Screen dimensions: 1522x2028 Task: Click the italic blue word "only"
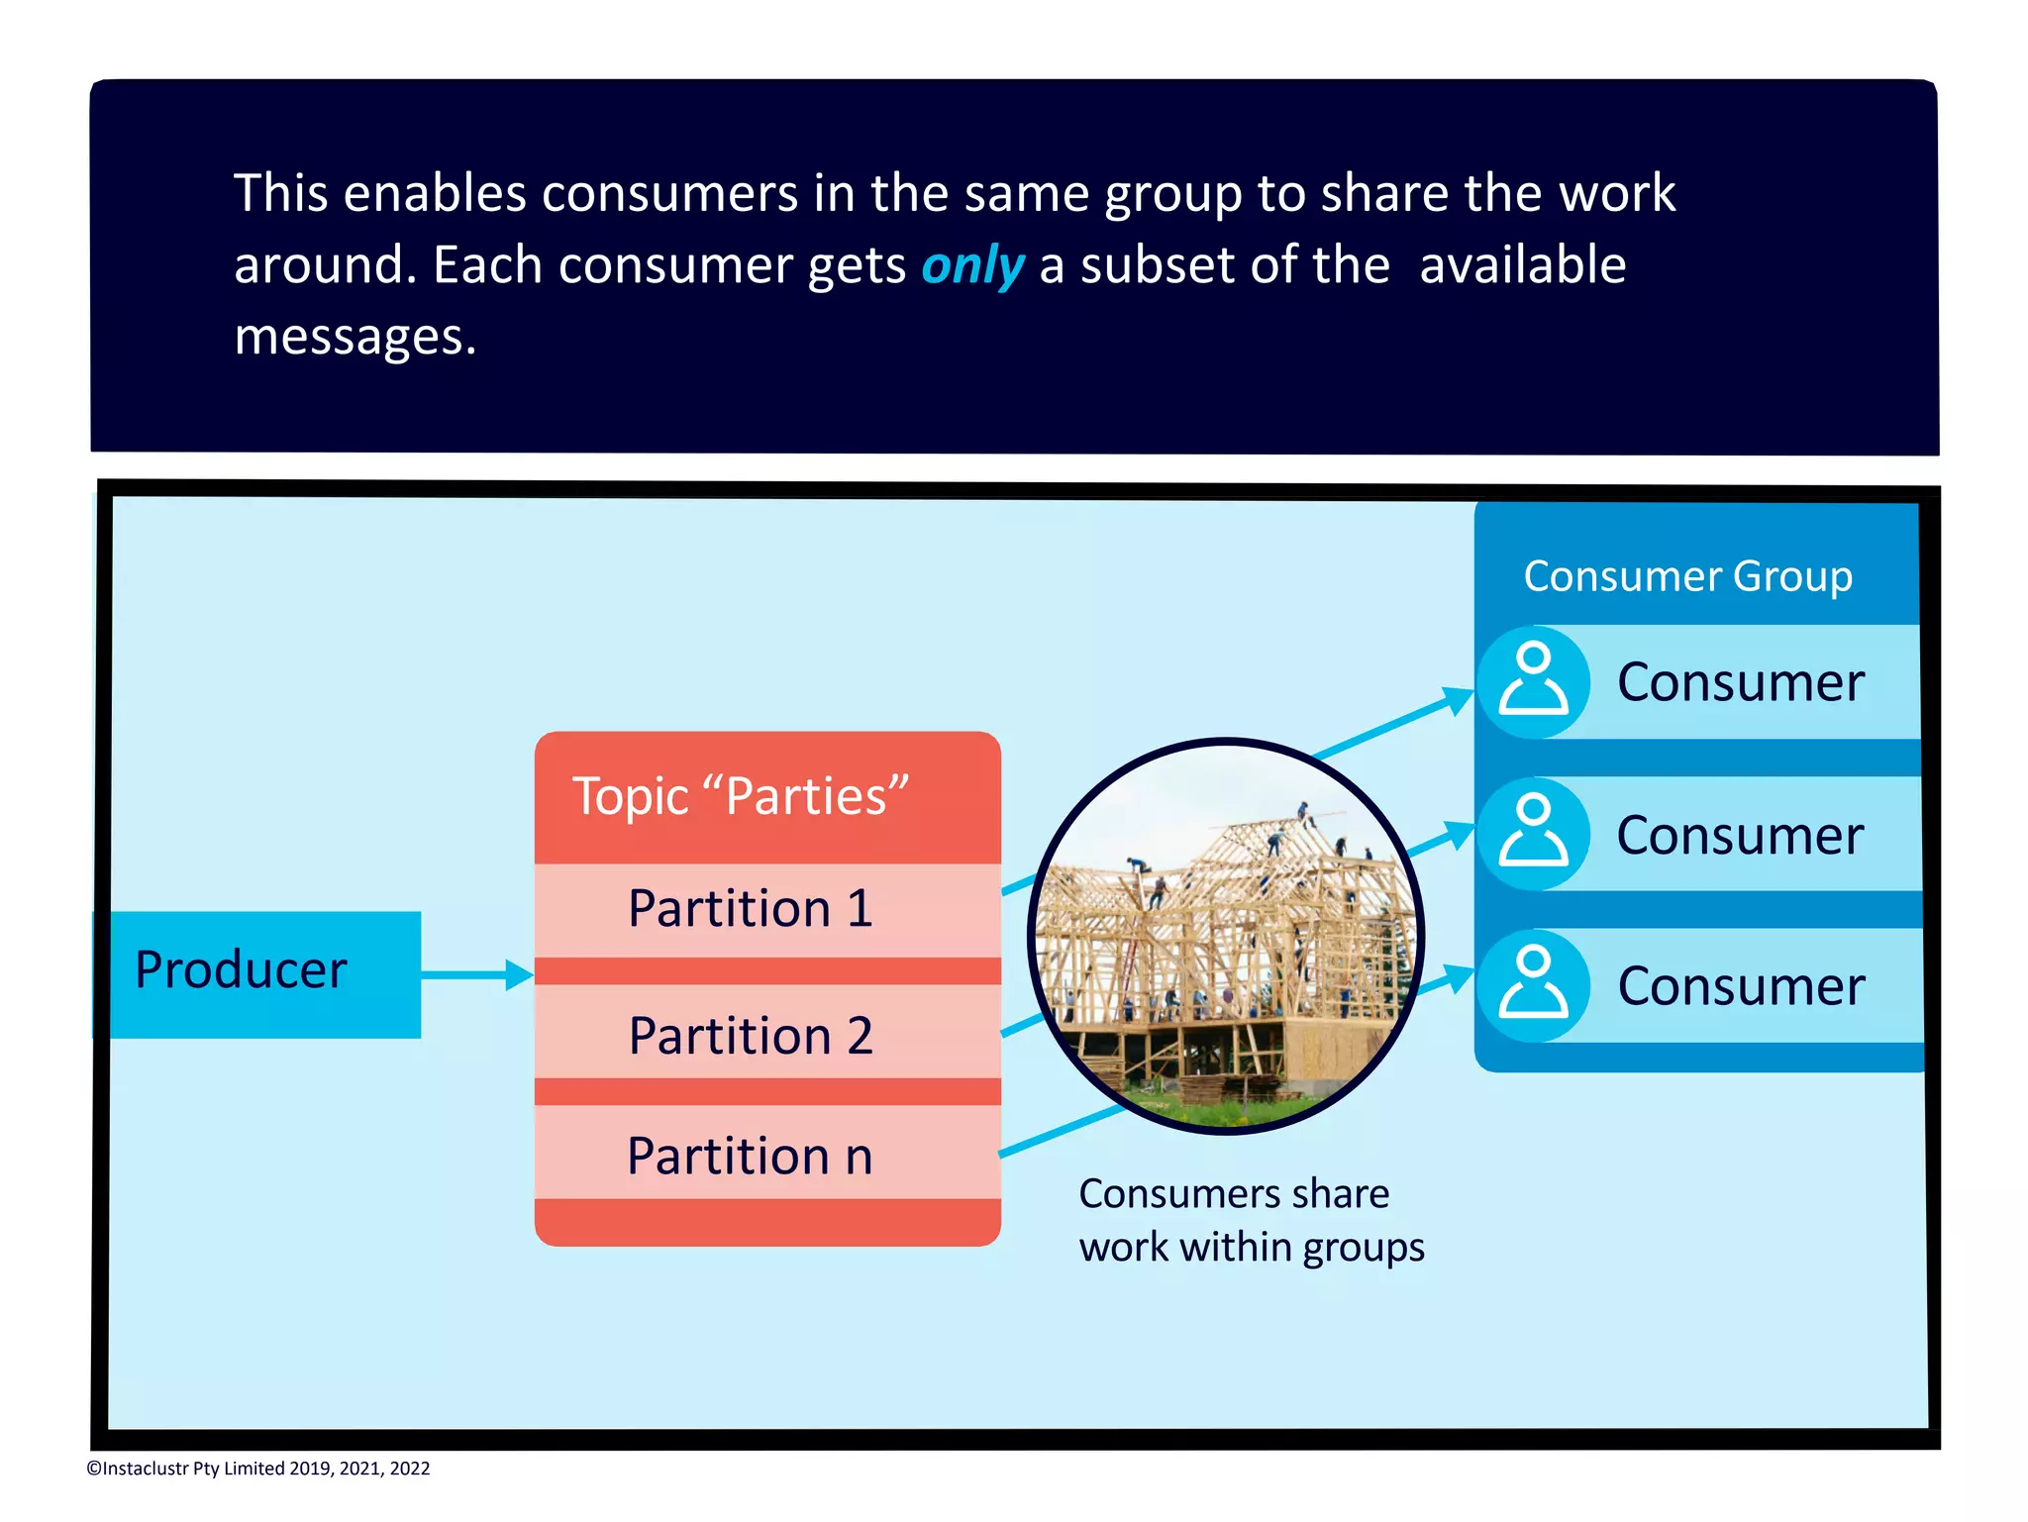[971, 265]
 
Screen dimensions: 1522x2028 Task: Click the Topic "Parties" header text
[740, 796]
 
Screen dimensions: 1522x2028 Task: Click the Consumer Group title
[1687, 576]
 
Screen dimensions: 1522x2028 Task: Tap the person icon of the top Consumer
[1533, 681]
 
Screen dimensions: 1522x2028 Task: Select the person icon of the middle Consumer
[1533, 834]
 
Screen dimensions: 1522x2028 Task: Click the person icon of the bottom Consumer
[1533, 985]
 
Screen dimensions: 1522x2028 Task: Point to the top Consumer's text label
[1740, 682]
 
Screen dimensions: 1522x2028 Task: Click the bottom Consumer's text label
[1740, 986]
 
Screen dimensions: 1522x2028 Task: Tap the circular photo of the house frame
[1225, 936]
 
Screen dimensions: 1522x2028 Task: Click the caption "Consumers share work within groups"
[1250, 1220]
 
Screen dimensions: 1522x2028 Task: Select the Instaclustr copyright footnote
[258, 1469]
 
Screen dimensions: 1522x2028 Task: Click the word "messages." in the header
[355, 337]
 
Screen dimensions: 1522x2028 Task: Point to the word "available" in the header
[1522, 265]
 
